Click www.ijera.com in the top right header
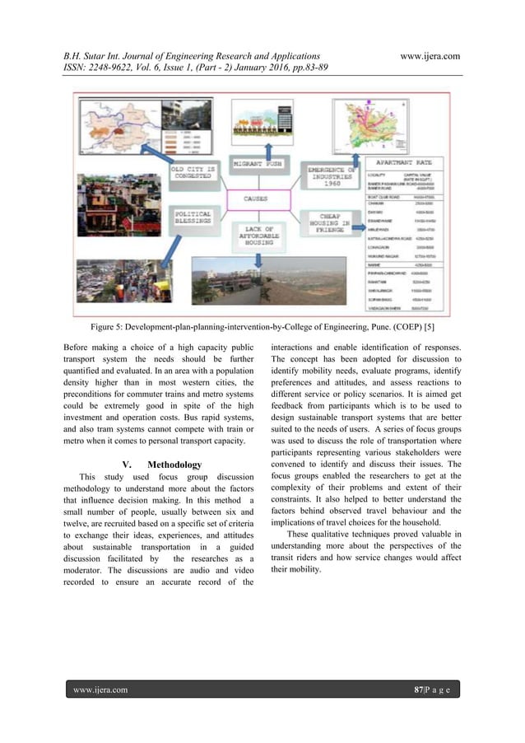[x=428, y=55]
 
